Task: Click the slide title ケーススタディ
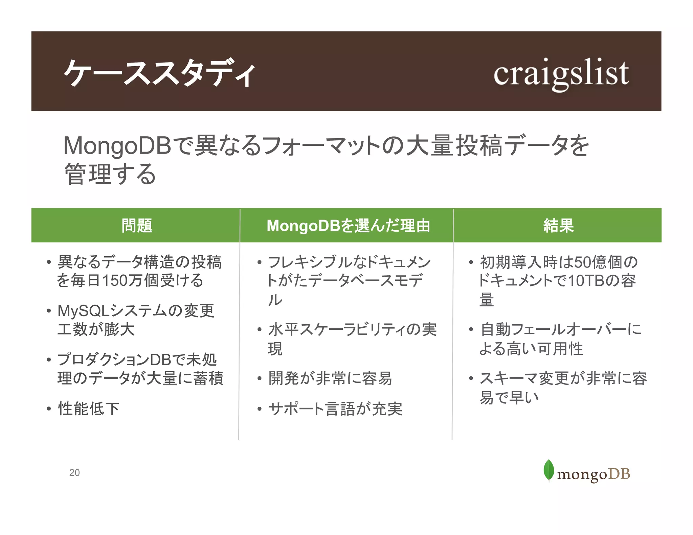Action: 159,73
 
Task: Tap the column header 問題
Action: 137,226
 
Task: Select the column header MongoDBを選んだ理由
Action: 348,226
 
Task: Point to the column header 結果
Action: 558,226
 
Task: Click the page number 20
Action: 74,472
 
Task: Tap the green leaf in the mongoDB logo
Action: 549,470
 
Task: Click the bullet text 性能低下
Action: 89,409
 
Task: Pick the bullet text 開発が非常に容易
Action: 330,378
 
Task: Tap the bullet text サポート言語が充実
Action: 335,409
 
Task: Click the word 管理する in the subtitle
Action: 110,174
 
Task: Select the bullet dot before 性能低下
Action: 49,409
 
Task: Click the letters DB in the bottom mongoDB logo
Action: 619,474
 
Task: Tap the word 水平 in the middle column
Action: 283,330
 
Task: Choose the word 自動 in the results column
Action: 495,330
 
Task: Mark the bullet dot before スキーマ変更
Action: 471,378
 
